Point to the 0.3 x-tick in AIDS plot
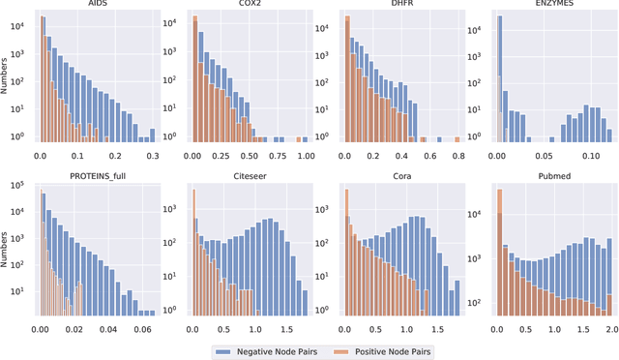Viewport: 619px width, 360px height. (151, 154)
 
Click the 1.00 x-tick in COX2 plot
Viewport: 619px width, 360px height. (305, 154)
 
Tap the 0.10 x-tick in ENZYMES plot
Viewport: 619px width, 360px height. (583, 154)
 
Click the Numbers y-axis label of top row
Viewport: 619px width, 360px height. (8, 78)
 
